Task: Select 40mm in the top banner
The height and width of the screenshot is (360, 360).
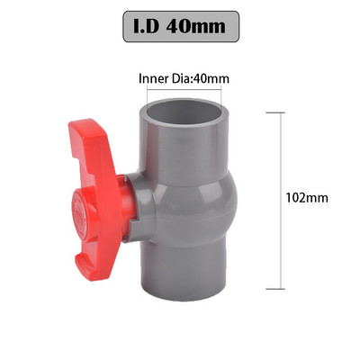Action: coord(200,27)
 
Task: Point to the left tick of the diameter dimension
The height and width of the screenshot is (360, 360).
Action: coord(149,92)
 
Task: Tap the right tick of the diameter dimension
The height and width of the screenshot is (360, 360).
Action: coord(223,92)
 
